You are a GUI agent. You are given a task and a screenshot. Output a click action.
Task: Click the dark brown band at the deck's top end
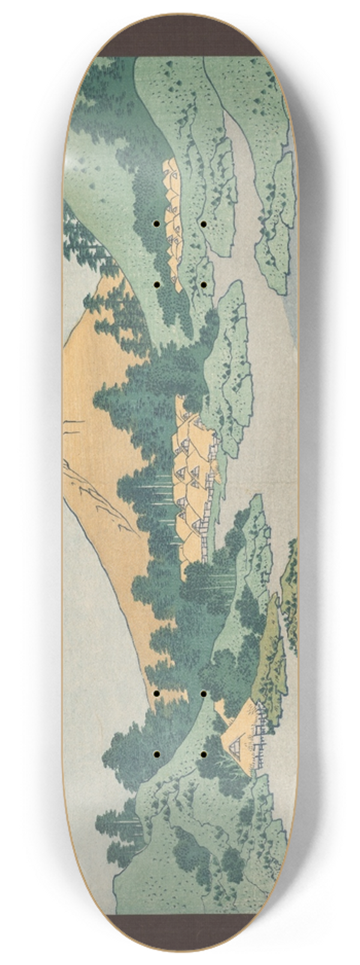pyautogui.click(x=180, y=36)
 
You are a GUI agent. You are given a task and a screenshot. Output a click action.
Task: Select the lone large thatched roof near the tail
pyautogui.click(x=246, y=717)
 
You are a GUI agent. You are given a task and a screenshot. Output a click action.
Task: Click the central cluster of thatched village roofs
pyautogui.click(x=192, y=462)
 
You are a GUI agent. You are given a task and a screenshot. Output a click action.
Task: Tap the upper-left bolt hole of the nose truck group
pyautogui.click(x=156, y=224)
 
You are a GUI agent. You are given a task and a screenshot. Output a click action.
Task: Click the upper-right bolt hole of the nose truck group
pyautogui.click(x=203, y=224)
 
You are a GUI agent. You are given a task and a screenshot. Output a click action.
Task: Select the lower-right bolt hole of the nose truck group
pyautogui.click(x=203, y=282)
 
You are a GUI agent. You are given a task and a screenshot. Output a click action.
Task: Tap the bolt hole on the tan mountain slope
pyautogui.click(x=156, y=693)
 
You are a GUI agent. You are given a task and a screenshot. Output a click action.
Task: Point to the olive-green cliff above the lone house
pyautogui.click(x=270, y=648)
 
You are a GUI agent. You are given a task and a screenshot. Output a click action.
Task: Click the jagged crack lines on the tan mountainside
pyautogui.click(x=96, y=492)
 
